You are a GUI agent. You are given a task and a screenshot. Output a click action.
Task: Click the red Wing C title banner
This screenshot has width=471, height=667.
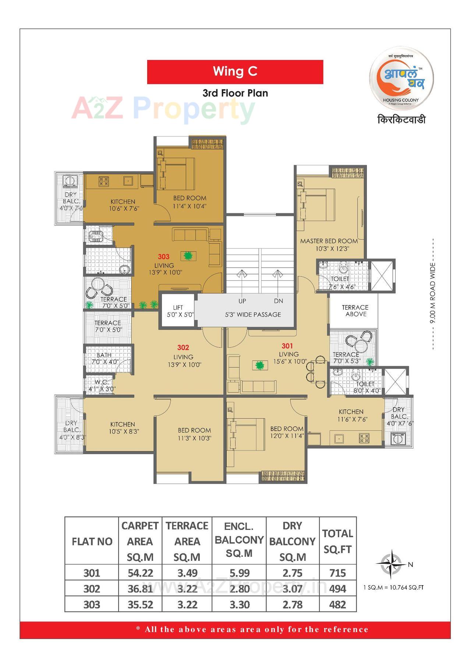tap(235, 72)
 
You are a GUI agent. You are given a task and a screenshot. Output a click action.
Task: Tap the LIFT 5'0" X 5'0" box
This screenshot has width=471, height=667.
tap(178, 311)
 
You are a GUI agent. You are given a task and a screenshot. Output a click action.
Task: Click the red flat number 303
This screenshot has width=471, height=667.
tap(164, 256)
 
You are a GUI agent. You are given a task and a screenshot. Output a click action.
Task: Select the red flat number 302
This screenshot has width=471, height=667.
tap(183, 347)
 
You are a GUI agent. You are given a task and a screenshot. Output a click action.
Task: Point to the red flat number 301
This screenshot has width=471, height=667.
tap(287, 346)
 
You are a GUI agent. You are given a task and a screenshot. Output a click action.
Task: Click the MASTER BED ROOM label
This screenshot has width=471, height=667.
tap(329, 241)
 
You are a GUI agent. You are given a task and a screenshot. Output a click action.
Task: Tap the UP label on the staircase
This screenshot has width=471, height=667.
tap(242, 301)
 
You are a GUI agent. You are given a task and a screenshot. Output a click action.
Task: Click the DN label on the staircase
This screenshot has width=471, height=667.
tap(278, 301)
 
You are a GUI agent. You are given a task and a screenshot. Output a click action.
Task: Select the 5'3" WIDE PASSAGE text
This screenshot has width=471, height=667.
tap(253, 315)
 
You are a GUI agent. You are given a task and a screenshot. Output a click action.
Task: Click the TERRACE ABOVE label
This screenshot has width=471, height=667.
tap(355, 311)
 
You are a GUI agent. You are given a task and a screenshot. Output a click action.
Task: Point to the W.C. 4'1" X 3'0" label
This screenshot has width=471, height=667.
tap(102, 385)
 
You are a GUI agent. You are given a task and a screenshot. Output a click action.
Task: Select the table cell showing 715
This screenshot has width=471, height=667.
tap(337, 573)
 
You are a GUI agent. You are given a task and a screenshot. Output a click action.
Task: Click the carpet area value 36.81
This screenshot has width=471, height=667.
tap(140, 589)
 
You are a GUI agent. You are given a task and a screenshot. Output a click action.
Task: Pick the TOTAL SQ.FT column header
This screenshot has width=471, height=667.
tap(337, 541)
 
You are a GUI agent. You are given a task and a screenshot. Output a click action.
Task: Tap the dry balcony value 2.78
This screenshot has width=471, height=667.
tap(292, 605)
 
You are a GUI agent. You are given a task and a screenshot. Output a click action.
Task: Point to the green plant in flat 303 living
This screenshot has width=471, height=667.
tap(188, 255)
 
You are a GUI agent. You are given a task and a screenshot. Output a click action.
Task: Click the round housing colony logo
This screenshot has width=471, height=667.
tap(401, 78)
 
